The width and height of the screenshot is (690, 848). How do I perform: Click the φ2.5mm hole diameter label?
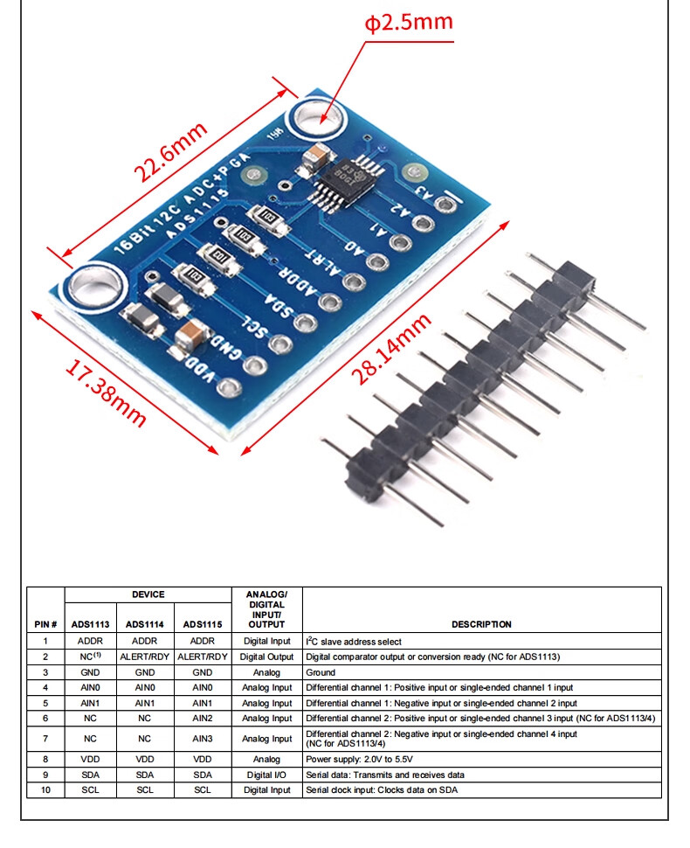click(x=409, y=22)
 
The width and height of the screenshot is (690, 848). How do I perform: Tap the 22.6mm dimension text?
click(x=170, y=152)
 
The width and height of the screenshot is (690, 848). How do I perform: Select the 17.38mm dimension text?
click(x=106, y=393)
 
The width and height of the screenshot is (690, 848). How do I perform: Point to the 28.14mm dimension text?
click(x=391, y=348)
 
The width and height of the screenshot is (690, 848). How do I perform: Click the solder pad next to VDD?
click(x=229, y=387)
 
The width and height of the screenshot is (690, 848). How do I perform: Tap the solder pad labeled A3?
click(x=445, y=204)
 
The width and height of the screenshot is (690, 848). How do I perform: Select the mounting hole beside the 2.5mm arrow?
click(x=316, y=117)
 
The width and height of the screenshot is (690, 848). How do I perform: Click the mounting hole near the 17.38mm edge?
click(x=95, y=287)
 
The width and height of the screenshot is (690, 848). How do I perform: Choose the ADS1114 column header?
click(x=145, y=624)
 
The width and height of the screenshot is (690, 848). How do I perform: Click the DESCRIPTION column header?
click(x=481, y=624)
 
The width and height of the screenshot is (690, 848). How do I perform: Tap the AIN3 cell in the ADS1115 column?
click(x=203, y=738)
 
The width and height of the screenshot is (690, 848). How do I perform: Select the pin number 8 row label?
click(x=45, y=760)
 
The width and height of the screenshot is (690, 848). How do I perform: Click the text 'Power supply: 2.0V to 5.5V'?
click(x=359, y=760)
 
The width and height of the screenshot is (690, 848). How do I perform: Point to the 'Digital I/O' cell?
click(x=266, y=775)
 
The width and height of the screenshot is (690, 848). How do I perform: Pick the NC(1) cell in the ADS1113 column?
click(x=90, y=657)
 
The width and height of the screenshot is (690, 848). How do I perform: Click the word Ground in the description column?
click(x=321, y=672)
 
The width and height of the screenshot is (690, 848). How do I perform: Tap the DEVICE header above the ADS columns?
click(x=148, y=594)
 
